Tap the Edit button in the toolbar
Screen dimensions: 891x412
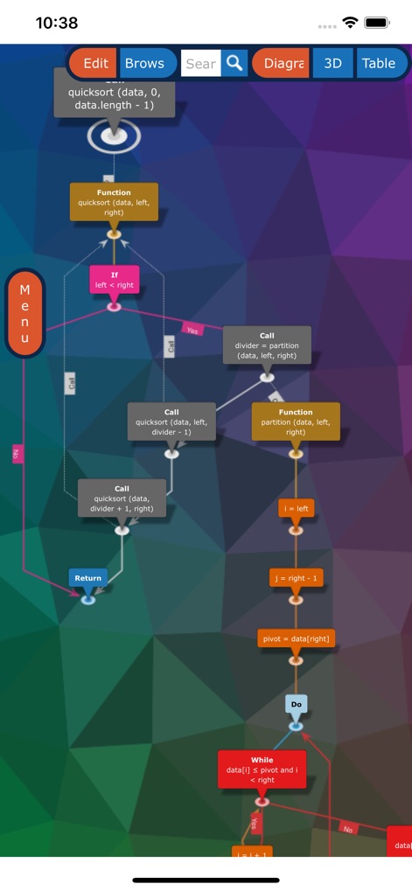coord(95,63)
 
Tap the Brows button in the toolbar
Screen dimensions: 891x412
coord(144,63)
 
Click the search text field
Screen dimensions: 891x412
coord(200,63)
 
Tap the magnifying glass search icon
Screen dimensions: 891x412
coord(234,63)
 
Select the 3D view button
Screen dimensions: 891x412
coord(333,63)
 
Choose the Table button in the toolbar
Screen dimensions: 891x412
coord(379,63)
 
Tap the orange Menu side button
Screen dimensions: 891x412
coord(24,313)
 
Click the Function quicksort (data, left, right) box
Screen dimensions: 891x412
coord(114,202)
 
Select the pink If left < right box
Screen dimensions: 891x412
coord(114,280)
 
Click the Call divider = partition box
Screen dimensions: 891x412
coord(267,345)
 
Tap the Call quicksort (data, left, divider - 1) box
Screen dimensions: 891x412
coord(171,421)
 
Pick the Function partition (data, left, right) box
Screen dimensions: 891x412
coord(296,421)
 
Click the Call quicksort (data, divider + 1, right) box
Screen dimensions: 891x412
coord(122,498)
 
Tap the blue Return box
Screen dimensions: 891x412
coord(87,578)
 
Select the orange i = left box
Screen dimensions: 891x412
coord(296,508)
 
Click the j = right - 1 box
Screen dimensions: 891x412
coord(296,577)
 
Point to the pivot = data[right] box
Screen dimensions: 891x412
coord(296,639)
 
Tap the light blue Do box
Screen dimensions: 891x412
coord(296,704)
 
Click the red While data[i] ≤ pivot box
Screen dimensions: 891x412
coord(262,769)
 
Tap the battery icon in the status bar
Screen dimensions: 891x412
coord(377,23)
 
